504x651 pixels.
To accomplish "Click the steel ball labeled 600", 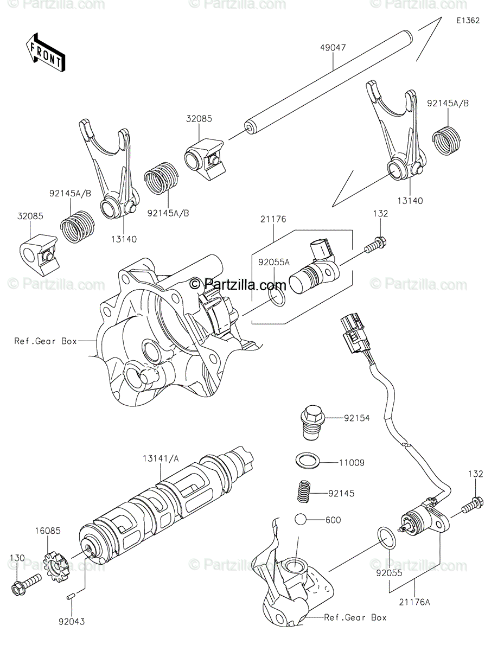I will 302,519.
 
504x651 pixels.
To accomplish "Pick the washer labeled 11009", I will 308,461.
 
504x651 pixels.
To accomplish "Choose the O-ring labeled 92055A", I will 276,297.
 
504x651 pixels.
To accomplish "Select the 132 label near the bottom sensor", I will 476,474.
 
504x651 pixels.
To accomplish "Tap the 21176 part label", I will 273,219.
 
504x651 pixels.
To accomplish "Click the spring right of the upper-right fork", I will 448,140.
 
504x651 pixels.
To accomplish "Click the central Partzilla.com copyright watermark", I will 237,283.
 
